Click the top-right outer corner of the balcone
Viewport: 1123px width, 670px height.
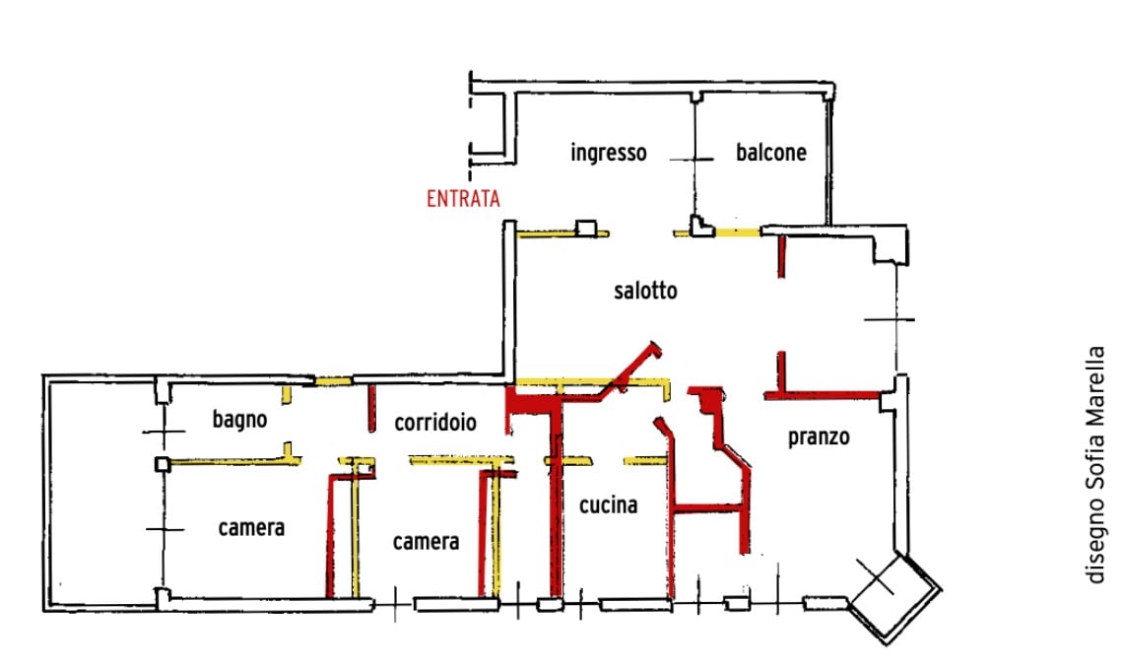coord(834,83)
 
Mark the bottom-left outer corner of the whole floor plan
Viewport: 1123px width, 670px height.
coord(43,611)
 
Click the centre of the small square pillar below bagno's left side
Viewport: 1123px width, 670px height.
coord(163,464)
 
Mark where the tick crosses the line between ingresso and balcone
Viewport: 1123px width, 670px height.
coord(694,159)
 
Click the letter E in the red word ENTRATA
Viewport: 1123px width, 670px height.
coord(431,198)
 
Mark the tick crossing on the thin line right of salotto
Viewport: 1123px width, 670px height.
coord(895,319)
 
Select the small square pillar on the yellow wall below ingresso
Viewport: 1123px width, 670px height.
coord(586,229)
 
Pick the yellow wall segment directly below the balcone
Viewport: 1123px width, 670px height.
coord(737,232)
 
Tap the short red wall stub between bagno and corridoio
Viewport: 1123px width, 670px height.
coord(371,409)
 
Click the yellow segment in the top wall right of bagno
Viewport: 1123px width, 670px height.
coord(334,381)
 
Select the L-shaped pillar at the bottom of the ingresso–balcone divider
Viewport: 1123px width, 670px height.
coord(701,226)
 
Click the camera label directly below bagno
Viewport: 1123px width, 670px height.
coord(251,528)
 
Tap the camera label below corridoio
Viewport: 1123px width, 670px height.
coord(427,541)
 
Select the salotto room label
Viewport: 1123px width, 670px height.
coord(645,291)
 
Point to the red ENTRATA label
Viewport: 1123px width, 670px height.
coord(463,198)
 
